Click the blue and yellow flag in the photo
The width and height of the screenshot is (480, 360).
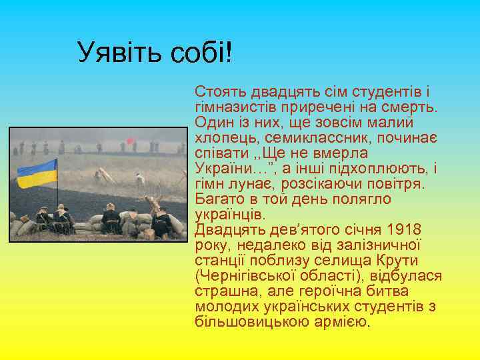(36, 173)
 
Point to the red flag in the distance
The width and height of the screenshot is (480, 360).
(131, 141)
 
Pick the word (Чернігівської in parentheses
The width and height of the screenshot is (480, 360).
(246, 276)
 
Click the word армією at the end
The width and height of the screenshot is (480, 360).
(344, 322)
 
